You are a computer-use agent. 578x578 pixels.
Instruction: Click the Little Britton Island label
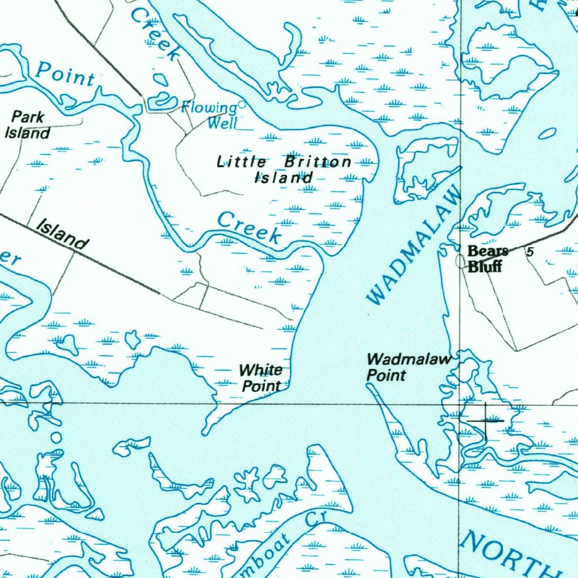284,169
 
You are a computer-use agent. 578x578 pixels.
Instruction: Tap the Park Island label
28,125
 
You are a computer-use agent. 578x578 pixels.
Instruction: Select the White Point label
261,378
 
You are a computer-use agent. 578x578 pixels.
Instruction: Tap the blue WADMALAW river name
414,246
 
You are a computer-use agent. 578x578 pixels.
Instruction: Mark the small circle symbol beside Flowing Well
242,104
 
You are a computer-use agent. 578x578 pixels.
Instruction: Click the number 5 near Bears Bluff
529,252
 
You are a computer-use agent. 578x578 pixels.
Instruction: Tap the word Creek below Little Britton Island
249,227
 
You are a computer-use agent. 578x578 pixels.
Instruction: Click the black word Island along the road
62,234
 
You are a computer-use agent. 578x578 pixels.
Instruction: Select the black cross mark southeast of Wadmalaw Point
485,421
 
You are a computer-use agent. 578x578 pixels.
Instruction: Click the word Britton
317,163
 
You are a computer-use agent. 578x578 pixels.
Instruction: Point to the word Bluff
484,266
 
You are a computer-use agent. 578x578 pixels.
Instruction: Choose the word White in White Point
261,370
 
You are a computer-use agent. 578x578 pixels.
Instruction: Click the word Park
28,117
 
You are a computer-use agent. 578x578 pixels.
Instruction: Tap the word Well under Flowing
221,122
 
